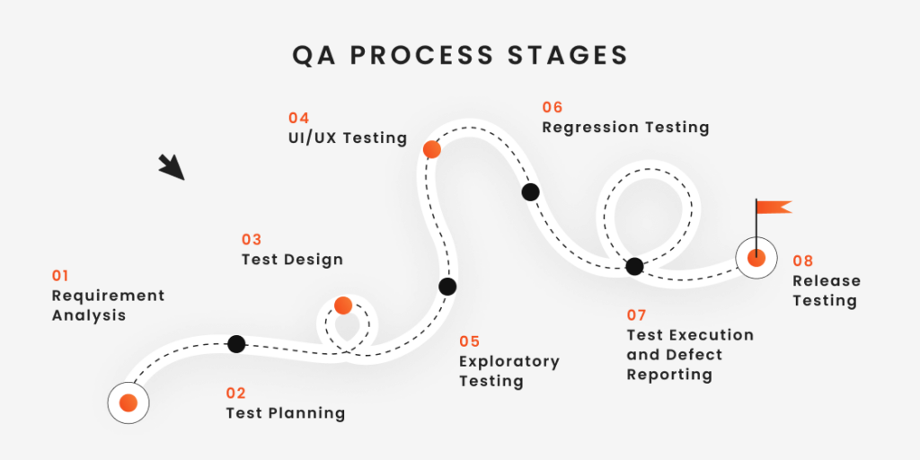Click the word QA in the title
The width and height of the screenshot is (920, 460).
point(314,55)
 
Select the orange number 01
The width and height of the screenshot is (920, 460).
point(60,276)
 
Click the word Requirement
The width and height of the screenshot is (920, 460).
point(109,296)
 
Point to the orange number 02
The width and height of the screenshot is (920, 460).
point(236,394)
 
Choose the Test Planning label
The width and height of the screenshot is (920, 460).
point(286,413)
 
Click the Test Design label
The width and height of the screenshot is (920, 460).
point(292,260)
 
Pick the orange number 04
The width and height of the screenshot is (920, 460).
point(298,118)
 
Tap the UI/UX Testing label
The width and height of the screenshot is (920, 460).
point(348,138)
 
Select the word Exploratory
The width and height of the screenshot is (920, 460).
point(509,362)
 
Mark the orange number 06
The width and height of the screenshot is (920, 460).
point(553,108)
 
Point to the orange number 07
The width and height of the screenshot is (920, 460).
point(636,315)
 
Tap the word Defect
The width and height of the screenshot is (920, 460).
point(694,355)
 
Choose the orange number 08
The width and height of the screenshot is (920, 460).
point(802,261)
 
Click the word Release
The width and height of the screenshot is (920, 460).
point(827,281)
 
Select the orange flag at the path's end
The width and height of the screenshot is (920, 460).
point(774,207)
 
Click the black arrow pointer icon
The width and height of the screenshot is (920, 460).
point(172,167)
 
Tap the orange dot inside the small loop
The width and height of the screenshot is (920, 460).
point(343,305)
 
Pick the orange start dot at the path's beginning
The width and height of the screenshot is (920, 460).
point(128,403)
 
